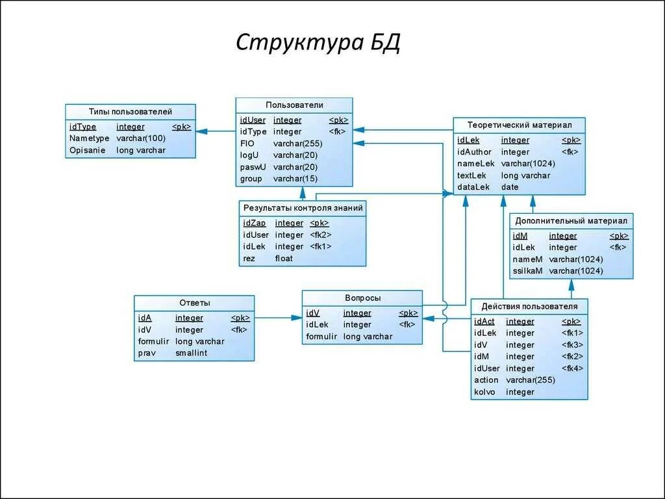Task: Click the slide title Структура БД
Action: coord(318,43)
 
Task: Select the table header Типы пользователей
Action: coord(130,112)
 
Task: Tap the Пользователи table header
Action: coord(294,105)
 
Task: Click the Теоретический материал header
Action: coord(519,125)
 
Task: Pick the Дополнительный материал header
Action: coord(571,221)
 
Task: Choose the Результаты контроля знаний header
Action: coord(303,208)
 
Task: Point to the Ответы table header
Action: coord(194,303)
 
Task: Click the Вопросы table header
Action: coord(362,298)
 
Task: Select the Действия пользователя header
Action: coord(529,306)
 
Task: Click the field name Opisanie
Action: coord(87,150)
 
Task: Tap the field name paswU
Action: coord(252,167)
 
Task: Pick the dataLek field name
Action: coord(473,187)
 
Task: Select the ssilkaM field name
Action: coord(527,271)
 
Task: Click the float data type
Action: coord(284,259)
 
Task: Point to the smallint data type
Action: coord(191,353)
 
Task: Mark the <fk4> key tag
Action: coord(572,368)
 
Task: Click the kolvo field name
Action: coord(484,392)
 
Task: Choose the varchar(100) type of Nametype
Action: coord(141,138)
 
